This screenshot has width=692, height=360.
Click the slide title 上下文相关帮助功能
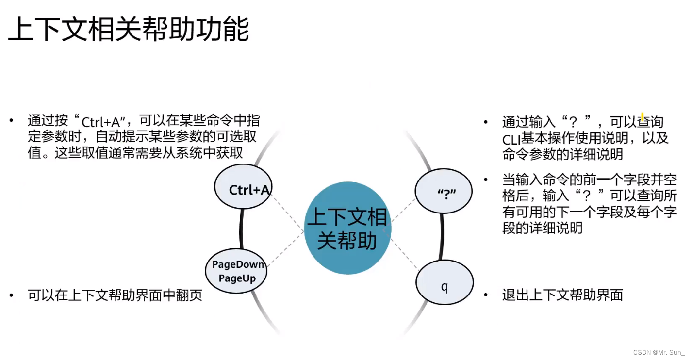pos(129,31)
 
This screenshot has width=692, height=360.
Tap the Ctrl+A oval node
pos(243,187)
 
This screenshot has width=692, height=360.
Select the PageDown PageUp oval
pos(236,271)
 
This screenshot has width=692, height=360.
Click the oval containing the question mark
pos(444,192)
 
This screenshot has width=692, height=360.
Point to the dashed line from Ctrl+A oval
pos(287,211)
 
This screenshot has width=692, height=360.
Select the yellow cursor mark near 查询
pos(643,117)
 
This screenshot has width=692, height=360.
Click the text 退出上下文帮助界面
pos(562,295)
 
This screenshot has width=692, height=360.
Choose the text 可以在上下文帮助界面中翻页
pos(115,295)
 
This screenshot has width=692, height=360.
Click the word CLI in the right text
pos(511,139)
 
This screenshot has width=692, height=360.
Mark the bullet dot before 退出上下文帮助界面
pos(486,295)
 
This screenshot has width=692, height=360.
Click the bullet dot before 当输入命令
pos(486,180)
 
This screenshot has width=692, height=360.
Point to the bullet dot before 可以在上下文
pos(11,295)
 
